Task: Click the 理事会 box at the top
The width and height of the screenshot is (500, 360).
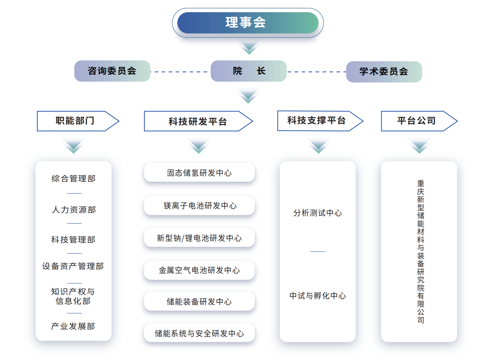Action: (248, 23)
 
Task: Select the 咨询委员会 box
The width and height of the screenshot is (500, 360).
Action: (112, 71)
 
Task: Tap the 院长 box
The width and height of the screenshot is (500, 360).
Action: (249, 71)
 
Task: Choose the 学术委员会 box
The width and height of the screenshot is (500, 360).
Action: (384, 72)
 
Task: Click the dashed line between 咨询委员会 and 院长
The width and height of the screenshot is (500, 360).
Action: (181, 72)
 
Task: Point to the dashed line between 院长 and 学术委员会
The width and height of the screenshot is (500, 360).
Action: (317, 72)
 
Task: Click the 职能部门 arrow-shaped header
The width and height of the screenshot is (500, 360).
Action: (78, 121)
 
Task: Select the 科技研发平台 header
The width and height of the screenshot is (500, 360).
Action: (199, 121)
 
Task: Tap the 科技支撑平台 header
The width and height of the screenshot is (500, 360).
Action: (320, 121)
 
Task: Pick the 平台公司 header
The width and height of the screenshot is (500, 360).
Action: (419, 121)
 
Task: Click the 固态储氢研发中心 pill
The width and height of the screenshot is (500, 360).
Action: (199, 172)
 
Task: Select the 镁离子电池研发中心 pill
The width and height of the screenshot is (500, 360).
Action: (199, 205)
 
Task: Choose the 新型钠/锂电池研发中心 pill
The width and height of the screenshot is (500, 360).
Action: (199, 237)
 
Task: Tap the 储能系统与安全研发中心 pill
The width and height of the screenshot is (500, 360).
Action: (199, 333)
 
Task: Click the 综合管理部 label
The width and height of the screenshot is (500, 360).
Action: (73, 179)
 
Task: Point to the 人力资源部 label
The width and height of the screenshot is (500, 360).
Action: (74, 209)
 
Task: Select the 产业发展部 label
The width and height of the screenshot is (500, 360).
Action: (73, 326)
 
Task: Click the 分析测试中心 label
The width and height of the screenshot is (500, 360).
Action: (318, 213)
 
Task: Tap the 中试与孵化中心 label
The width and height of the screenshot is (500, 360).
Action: (318, 296)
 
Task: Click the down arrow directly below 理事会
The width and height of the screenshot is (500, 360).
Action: (249, 47)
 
